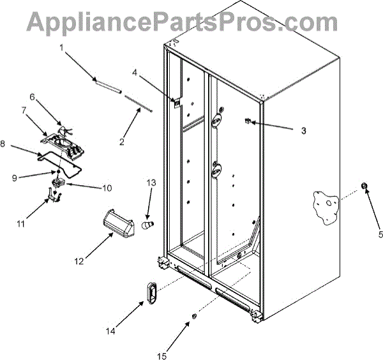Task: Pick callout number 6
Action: (x=31, y=98)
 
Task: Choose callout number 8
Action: (x=4, y=145)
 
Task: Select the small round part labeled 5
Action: (x=366, y=186)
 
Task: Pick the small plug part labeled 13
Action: (x=146, y=225)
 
